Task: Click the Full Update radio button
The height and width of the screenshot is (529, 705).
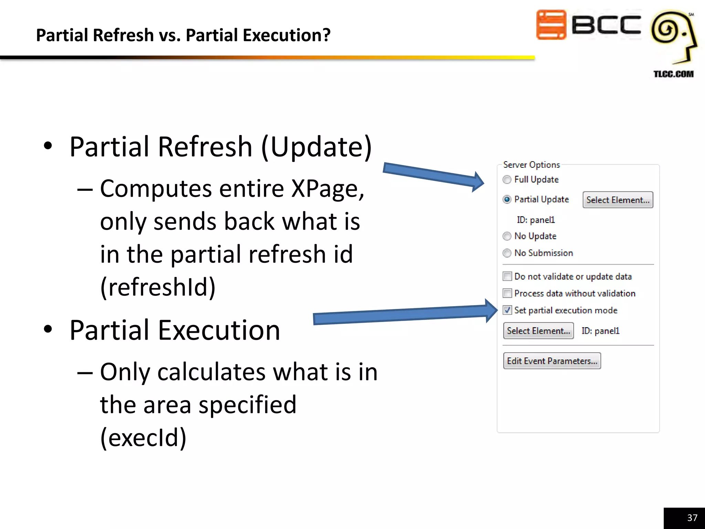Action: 507,180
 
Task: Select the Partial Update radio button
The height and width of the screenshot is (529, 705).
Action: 507,199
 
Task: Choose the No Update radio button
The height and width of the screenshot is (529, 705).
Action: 507,236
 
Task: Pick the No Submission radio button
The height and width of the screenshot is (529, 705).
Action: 507,253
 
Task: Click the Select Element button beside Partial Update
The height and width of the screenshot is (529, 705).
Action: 618,200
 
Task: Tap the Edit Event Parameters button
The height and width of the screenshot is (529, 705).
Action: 552,361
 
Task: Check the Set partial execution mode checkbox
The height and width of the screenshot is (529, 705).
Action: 507,310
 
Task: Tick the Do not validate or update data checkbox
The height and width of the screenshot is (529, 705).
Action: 507,277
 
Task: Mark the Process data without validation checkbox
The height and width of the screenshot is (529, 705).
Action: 507,293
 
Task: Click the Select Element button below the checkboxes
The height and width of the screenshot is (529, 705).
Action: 538,331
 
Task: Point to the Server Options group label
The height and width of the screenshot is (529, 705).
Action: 531,165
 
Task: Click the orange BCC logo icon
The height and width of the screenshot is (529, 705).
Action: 551,25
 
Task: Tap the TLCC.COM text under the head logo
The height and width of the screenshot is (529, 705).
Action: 673,74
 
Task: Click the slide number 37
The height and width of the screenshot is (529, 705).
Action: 692,518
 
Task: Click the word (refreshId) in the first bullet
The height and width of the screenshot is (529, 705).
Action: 158,287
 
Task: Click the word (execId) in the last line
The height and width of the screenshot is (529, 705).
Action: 143,437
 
